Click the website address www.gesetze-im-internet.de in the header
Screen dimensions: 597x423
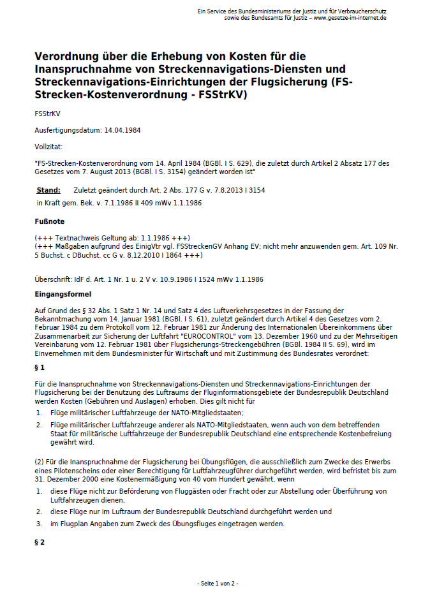pos(350,18)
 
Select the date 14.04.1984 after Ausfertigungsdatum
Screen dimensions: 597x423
pos(122,130)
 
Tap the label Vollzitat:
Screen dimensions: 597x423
pos(48,147)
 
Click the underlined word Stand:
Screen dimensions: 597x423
pos(48,190)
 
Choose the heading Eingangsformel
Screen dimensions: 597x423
pos(63,294)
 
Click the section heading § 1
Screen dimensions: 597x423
pos(40,367)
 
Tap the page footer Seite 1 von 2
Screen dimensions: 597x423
pos(218,583)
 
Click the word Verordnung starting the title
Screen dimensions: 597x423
pos(68,56)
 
